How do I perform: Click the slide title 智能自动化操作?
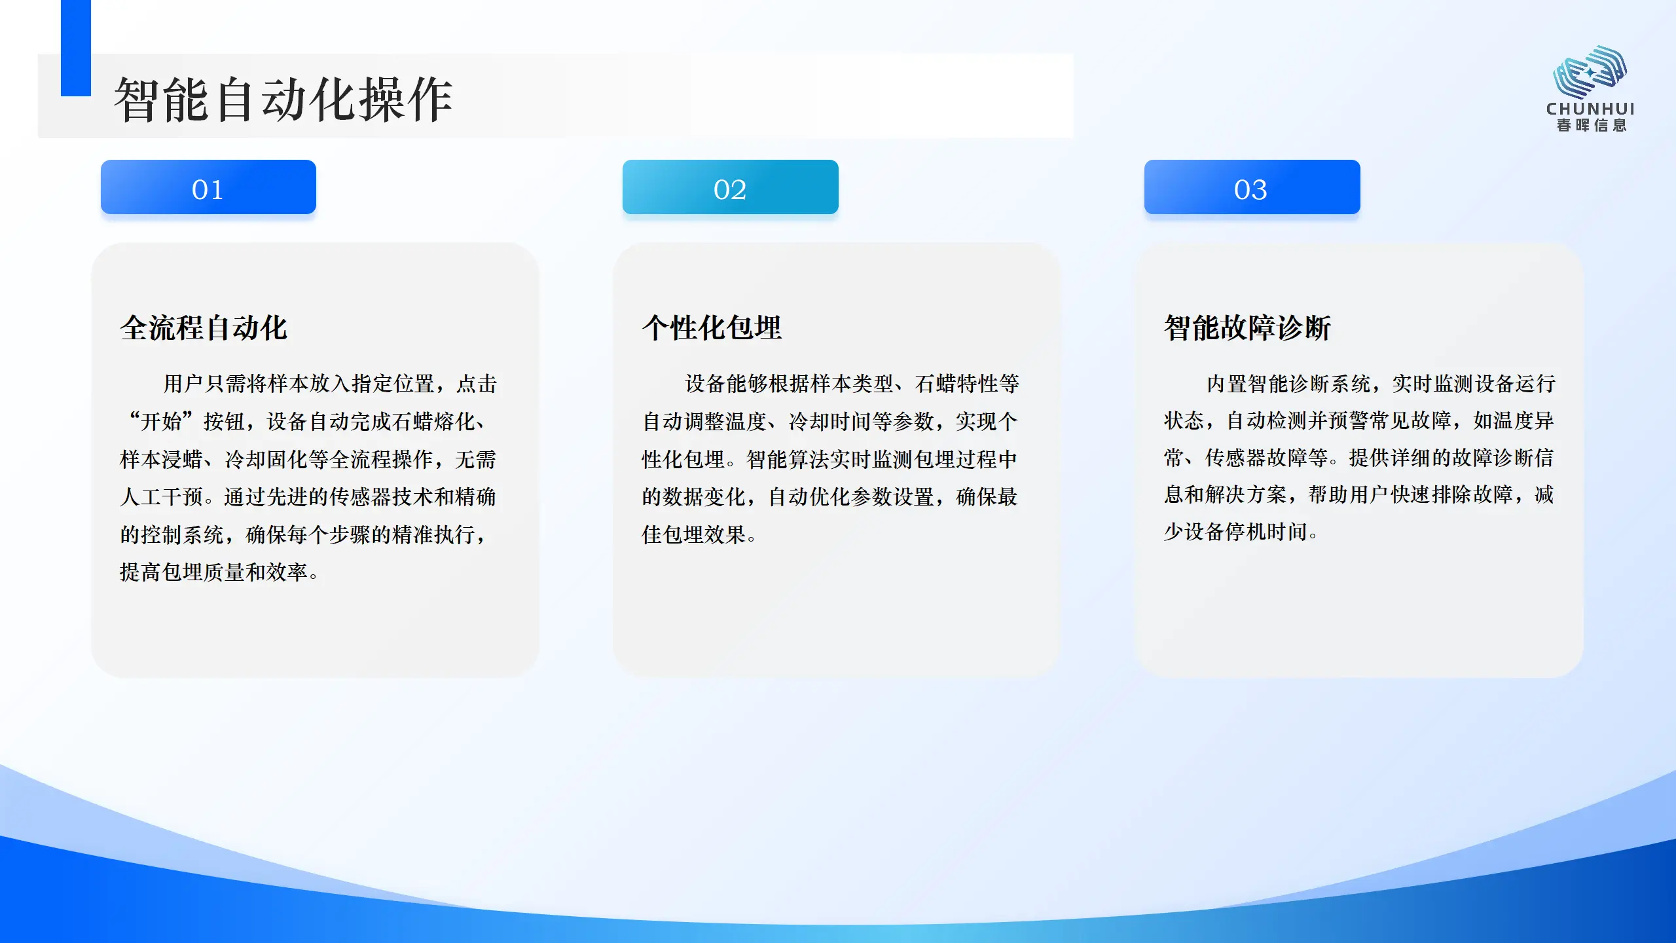[283, 100]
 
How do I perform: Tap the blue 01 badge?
[208, 187]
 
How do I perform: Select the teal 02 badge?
[730, 187]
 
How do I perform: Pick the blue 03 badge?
[1252, 187]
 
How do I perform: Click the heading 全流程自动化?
[204, 327]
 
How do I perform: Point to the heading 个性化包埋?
[712, 327]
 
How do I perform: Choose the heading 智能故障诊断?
[1247, 327]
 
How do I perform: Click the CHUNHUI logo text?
[1590, 109]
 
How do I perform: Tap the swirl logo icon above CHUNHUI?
[1590, 71]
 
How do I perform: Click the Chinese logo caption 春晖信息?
[1591, 125]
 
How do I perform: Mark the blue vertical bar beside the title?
[76, 48]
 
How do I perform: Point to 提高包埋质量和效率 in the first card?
[213, 572]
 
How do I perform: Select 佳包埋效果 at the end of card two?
[693, 534]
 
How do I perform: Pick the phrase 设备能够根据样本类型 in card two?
[789, 383]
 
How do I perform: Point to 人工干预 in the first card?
[161, 496]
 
